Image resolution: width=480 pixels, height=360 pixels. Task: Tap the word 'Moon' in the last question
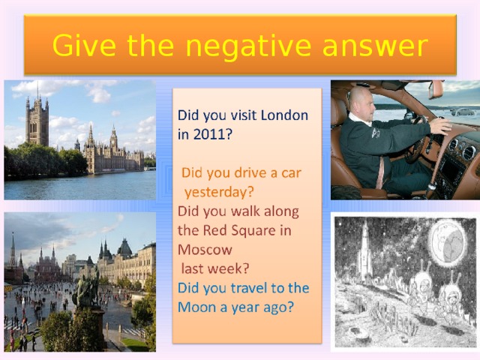click(196, 307)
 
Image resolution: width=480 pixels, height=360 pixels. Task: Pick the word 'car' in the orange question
click(289, 172)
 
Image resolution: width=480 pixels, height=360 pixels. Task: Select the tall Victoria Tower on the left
click(37, 120)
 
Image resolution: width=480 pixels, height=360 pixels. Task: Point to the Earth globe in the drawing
click(447, 243)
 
